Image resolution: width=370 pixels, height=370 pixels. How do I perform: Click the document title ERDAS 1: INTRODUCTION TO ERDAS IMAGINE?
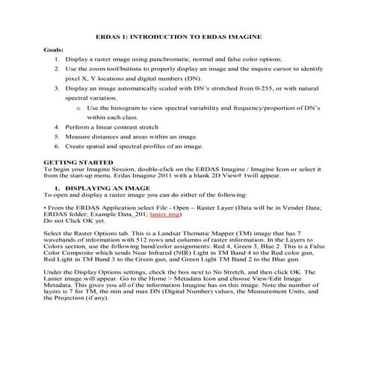click(x=184, y=35)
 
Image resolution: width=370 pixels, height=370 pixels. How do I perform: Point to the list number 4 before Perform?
click(x=57, y=128)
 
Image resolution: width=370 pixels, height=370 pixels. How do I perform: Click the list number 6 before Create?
click(x=57, y=147)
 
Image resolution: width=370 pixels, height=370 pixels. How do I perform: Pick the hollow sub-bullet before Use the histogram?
click(x=78, y=108)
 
